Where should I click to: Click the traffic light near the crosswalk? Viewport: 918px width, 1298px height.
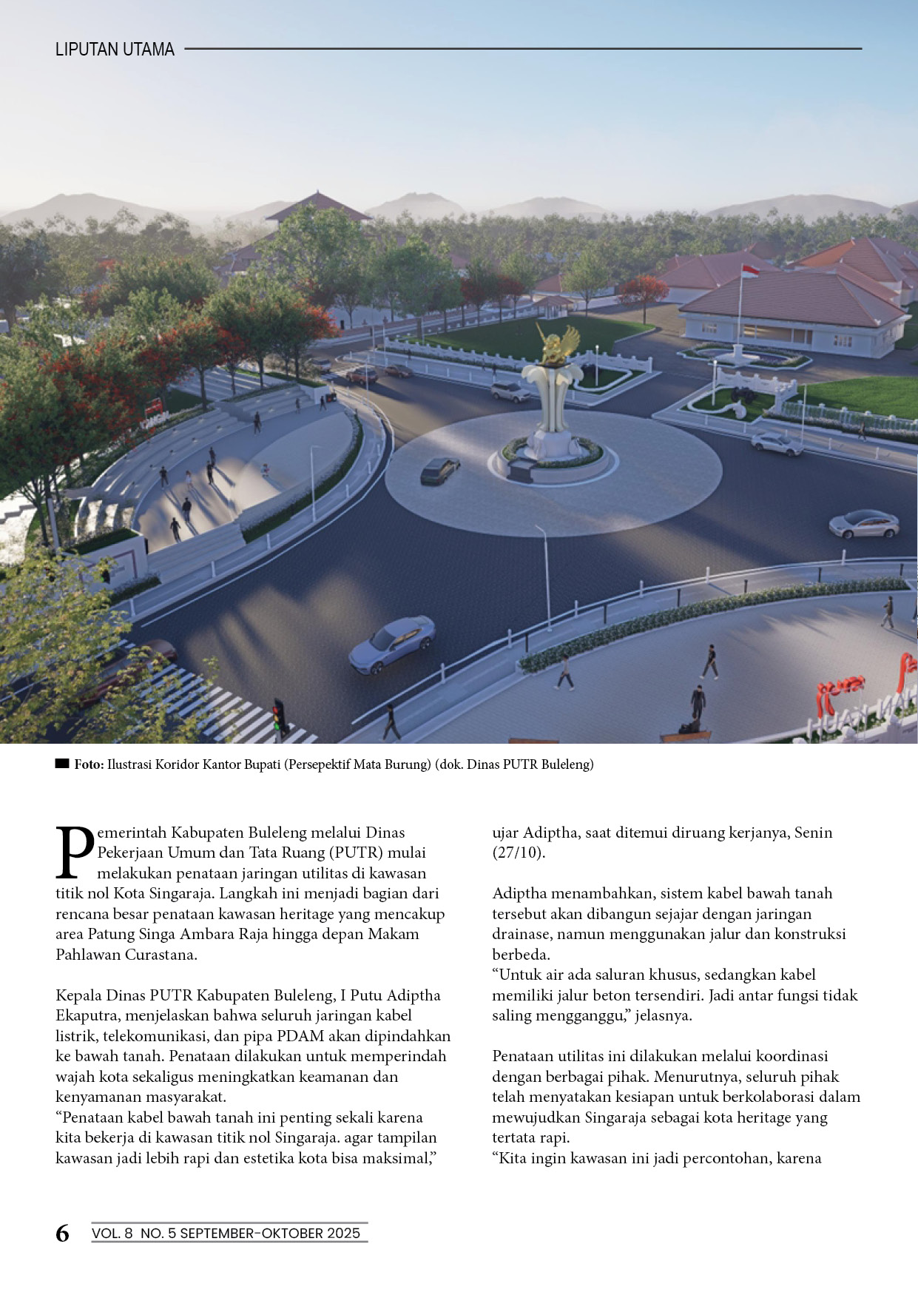click(x=279, y=715)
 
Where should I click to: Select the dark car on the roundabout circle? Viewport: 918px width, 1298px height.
click(x=439, y=470)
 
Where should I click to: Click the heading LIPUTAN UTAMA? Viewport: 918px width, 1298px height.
click(x=115, y=50)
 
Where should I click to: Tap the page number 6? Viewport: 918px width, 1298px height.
click(x=63, y=1233)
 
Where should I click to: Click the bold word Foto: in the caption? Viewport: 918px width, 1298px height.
click(x=89, y=764)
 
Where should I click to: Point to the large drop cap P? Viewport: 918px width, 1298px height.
click(x=75, y=853)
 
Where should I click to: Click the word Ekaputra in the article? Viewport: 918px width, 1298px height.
click(x=87, y=1015)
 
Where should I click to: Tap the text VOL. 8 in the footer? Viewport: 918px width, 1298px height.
click(x=112, y=1233)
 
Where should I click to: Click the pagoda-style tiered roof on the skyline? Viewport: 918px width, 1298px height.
click(x=318, y=207)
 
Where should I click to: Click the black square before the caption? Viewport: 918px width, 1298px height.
click(x=62, y=764)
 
